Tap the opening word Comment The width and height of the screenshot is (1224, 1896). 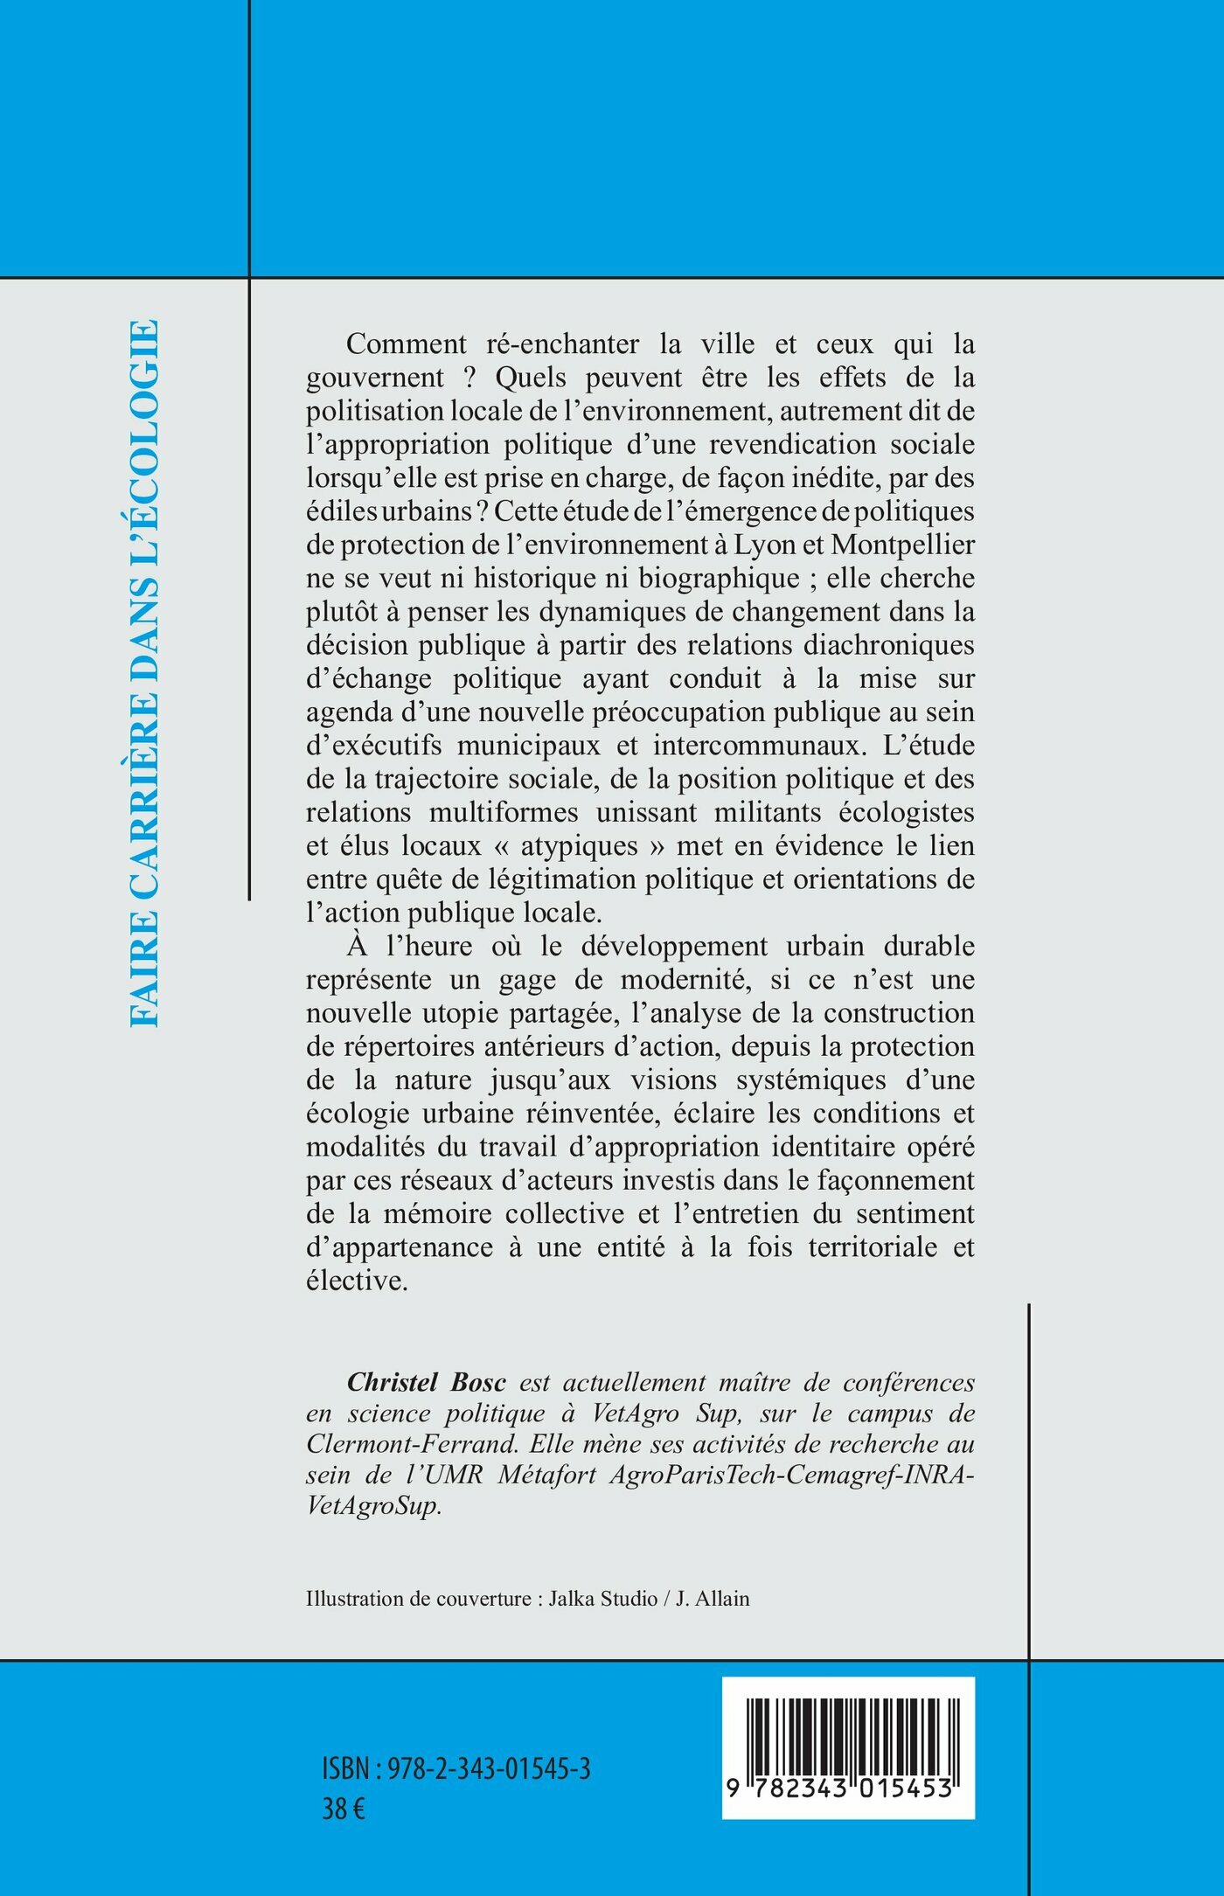(407, 344)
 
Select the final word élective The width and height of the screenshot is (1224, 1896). (357, 1281)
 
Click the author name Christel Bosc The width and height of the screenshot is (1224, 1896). (427, 1383)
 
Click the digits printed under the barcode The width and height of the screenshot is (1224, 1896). (848, 1788)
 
